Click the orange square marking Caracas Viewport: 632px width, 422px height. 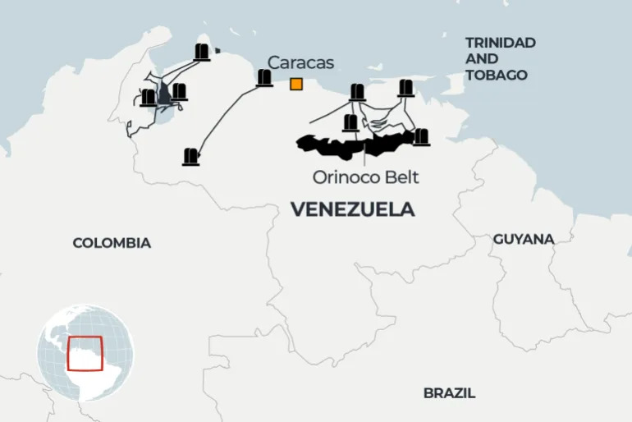click(x=295, y=83)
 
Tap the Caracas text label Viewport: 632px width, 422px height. click(x=300, y=62)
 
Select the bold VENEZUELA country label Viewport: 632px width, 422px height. click(x=352, y=210)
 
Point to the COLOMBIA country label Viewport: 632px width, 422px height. click(x=112, y=243)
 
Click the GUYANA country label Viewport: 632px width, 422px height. click(x=523, y=239)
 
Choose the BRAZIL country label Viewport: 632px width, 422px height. click(x=449, y=393)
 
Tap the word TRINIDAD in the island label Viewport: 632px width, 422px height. click(x=500, y=42)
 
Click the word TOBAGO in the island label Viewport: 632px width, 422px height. click(x=496, y=75)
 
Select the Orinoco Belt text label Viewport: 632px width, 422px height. click(x=365, y=177)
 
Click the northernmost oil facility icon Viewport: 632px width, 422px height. click(x=202, y=53)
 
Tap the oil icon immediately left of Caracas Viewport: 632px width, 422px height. click(x=264, y=79)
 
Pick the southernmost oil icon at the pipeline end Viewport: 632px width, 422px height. click(x=191, y=156)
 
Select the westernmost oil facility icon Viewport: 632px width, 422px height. click(x=148, y=98)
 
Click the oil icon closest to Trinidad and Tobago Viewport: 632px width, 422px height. click(x=405, y=89)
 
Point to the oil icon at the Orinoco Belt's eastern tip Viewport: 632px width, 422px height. click(x=420, y=137)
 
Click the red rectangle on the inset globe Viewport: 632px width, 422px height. click(x=85, y=353)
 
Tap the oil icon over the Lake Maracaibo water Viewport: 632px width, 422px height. click(x=178, y=92)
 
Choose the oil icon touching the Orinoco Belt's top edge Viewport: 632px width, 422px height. click(x=350, y=123)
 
